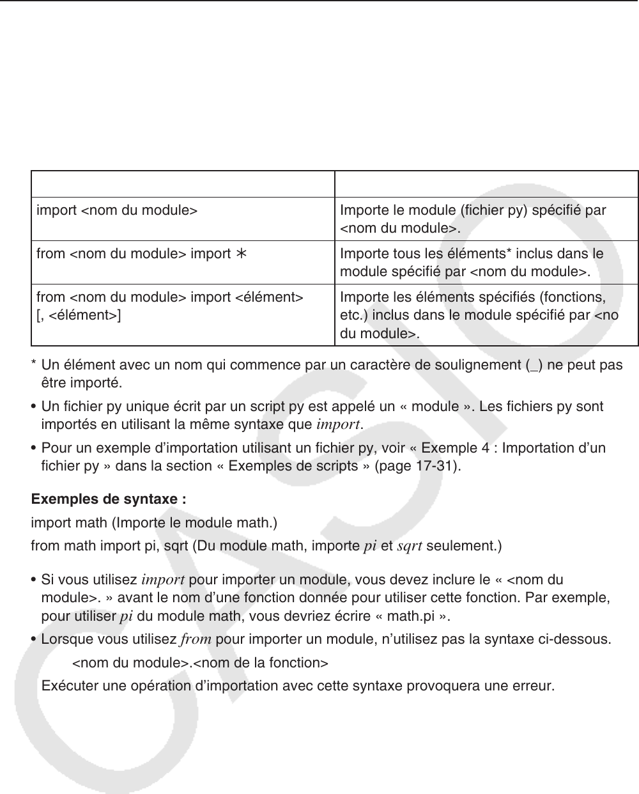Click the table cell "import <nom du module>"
point(116,210)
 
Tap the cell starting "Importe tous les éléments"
point(472,263)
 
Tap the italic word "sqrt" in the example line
point(410,547)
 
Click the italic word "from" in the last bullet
point(193,639)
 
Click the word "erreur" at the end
point(532,687)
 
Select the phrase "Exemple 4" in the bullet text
point(461,448)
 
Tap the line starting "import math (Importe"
point(154,524)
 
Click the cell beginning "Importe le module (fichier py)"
point(473,219)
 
